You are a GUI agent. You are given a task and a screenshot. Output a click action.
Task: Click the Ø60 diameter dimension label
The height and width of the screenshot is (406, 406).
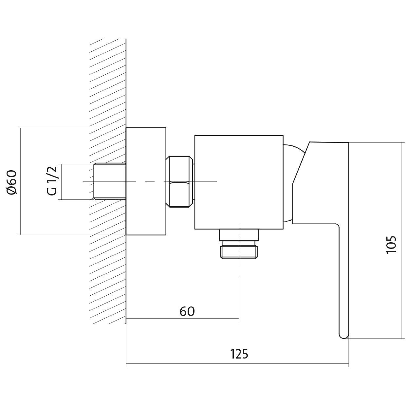click(11, 182)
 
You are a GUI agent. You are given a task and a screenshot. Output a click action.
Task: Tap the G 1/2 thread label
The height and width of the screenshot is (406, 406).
click(52, 181)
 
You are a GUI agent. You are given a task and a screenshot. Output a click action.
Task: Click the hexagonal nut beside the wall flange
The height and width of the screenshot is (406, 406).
click(179, 182)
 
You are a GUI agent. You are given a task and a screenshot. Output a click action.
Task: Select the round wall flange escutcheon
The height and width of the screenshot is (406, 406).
click(146, 181)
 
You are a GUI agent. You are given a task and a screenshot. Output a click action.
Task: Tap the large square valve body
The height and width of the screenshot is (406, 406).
click(239, 182)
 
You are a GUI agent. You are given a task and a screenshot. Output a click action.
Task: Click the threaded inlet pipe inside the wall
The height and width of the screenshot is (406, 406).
click(110, 181)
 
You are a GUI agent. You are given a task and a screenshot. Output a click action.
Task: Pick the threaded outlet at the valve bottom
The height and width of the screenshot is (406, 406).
click(239, 251)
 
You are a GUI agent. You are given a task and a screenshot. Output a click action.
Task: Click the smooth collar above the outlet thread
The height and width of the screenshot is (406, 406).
click(239, 235)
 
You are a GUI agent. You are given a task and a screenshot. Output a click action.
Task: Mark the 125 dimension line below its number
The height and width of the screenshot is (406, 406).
click(237, 363)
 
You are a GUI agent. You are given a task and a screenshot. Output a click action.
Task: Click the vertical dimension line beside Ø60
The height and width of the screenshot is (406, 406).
click(20, 181)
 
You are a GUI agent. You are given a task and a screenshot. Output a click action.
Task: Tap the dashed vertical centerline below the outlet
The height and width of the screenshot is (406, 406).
click(239, 299)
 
